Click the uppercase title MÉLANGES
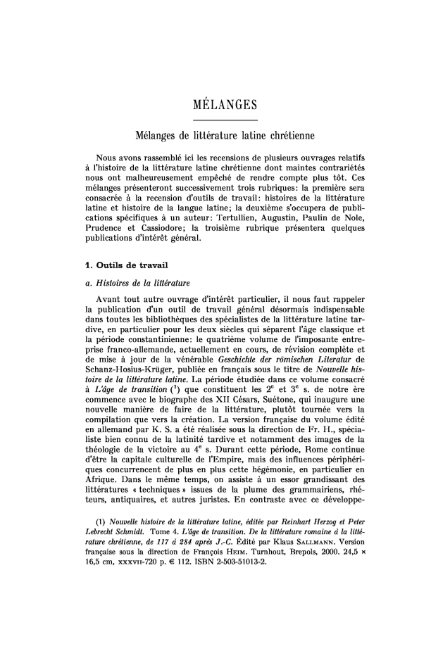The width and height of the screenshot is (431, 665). click(216, 106)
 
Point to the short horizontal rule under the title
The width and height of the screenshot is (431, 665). click(216, 121)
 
